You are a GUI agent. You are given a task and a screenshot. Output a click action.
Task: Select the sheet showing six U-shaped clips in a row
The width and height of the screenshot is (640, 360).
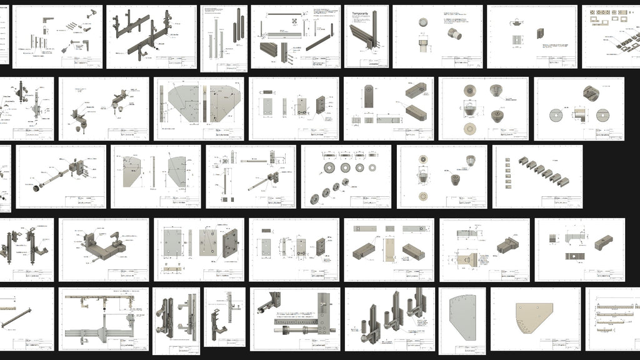pos(537,176)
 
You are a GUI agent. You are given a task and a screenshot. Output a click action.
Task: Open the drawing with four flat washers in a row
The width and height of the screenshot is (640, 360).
pos(346,176)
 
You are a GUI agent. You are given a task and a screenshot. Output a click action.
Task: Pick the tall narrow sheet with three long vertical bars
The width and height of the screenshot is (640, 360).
pos(224,39)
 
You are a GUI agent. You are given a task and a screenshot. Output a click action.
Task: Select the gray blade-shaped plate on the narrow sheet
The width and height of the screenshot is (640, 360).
pos(462,319)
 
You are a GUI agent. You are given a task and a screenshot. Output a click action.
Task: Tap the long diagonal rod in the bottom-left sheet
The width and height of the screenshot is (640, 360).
pos(25,317)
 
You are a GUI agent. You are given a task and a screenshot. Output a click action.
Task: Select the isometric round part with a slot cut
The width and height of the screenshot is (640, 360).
pos(592,93)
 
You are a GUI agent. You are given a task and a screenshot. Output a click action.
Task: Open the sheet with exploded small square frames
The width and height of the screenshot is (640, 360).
pos(611,37)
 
